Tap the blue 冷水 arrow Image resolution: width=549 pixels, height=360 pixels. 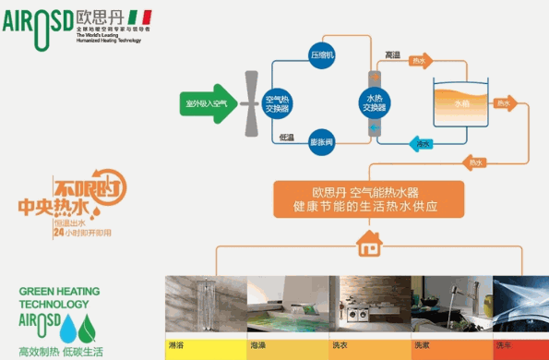click(x=424, y=144)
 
